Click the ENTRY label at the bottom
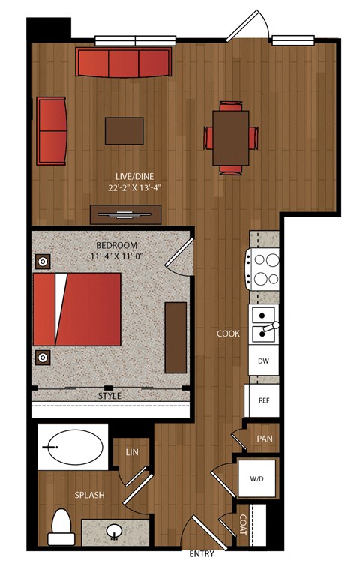pos(202,554)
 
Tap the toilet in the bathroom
pos(61,527)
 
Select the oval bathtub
pos(76,447)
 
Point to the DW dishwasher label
pos(263,361)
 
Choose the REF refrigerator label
pos(264,400)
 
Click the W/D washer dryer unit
pos(257,478)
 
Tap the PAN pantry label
pos(265,439)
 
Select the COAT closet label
pos(243,524)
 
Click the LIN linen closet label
pos(132,452)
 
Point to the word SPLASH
pos(89,495)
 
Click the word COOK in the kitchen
pos(228,334)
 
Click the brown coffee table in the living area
pos(124,131)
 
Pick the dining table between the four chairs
pos(231,138)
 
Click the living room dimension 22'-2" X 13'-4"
pos(135,188)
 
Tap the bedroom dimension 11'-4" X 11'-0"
pos(116,256)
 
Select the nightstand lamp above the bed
pos(43,262)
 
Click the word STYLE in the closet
pos(109,396)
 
